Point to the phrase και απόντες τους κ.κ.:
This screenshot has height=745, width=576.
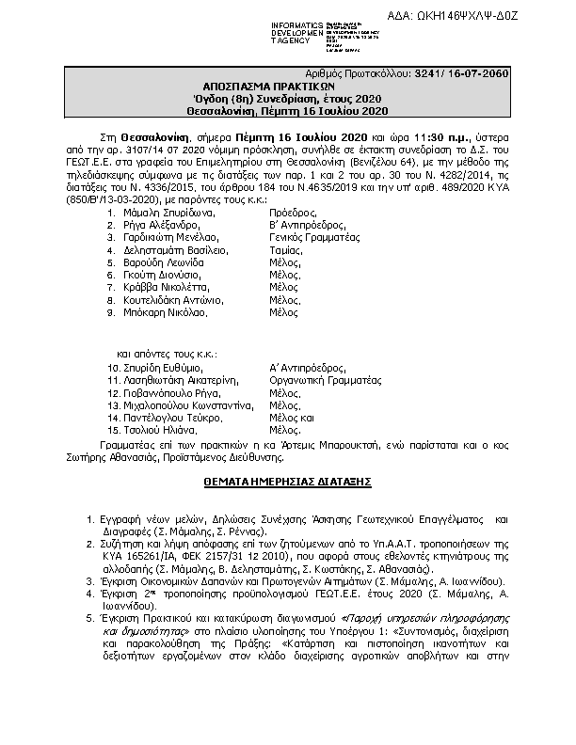167,351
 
